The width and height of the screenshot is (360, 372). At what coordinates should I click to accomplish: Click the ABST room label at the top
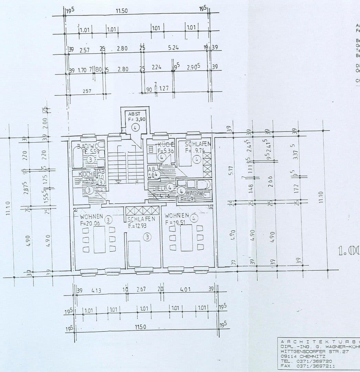pos(134,114)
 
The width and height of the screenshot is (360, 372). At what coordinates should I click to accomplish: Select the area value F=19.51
pos(176,222)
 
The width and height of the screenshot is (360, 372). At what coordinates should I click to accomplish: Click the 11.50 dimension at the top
pos(121,11)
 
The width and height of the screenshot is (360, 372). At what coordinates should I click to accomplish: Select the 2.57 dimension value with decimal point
pos(84,50)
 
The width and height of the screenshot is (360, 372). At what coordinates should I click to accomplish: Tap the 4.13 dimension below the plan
pos(96,290)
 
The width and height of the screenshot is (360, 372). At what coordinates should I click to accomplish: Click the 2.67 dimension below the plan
pos(141,289)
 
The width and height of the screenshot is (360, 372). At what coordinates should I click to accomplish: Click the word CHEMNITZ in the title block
pos(300,356)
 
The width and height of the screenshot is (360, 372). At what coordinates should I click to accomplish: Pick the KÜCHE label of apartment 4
pos(164,144)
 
